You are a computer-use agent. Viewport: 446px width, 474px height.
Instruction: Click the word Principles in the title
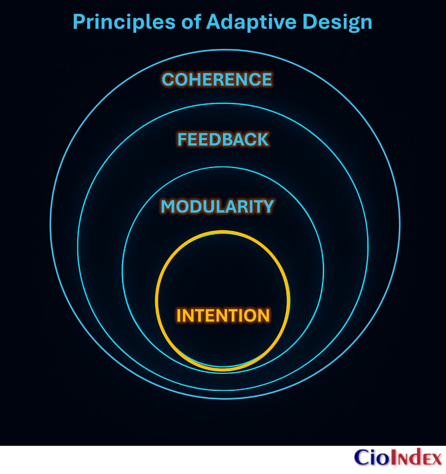coord(124,22)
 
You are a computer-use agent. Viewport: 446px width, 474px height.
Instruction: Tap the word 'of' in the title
coord(192,22)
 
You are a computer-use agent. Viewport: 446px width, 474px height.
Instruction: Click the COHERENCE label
coord(217,79)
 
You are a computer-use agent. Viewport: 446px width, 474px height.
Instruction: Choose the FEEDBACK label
coord(223,140)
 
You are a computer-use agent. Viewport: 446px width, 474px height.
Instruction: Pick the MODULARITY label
coord(217,207)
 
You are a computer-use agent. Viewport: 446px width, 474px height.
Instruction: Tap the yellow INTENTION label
coord(223,316)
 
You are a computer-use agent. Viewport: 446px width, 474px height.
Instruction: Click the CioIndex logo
coord(397,458)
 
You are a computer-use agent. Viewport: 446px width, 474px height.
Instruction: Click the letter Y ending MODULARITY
coord(267,207)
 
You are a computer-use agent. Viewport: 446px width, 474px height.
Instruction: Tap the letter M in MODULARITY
coord(169,207)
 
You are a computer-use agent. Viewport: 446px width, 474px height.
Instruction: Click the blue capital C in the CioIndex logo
coord(362,458)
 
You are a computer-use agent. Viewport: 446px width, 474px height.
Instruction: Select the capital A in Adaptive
coord(215,22)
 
